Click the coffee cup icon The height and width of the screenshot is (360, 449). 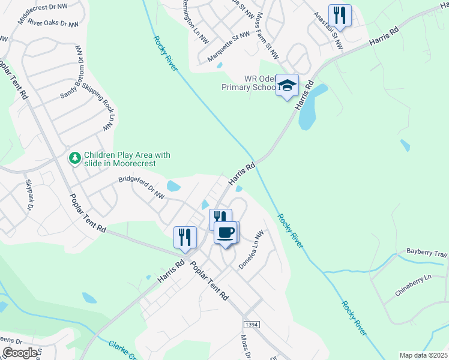[x=226, y=232]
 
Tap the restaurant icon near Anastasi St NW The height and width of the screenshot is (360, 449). [x=340, y=16]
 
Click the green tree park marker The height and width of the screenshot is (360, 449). [x=75, y=158]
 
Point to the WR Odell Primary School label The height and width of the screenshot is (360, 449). [x=249, y=83]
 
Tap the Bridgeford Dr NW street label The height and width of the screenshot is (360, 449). [x=141, y=187]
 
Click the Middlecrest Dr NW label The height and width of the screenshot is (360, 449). [x=47, y=12]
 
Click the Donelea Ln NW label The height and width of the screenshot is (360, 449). [x=251, y=250]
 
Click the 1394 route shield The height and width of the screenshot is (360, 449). [x=252, y=324]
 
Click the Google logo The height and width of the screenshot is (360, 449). [x=20, y=353]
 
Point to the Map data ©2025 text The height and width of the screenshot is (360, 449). [x=423, y=355]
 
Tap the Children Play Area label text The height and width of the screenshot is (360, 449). [x=127, y=159]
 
